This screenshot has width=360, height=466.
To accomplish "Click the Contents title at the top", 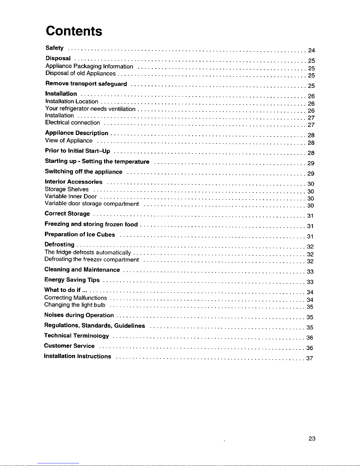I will point(74,31).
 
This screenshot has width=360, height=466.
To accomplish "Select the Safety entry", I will point(54,48).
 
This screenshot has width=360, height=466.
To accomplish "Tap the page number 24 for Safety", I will point(311,51).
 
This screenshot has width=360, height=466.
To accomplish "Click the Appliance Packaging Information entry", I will point(89,66).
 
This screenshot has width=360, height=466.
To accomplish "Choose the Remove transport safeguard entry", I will point(86,84).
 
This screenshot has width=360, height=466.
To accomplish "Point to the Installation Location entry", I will point(72,101).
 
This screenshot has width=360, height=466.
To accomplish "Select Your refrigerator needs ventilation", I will point(90,109).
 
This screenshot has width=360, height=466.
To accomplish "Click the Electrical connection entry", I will point(73,123).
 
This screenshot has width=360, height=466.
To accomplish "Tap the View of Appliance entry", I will point(69,141).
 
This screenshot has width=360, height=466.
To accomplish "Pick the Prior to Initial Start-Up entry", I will point(78,151).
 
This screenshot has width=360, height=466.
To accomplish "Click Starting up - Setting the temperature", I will point(97,161).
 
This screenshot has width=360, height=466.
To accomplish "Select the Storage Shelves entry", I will point(66,189).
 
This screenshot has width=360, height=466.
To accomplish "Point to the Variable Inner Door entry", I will point(71,196).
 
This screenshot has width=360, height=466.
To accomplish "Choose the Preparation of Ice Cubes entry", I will point(80,234).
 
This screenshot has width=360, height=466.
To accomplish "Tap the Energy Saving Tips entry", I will point(72,280).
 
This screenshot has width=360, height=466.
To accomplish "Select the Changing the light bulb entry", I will point(75,305).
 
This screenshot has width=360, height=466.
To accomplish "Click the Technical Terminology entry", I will point(76,335).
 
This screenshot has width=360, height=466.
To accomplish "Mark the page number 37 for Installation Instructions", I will point(309,358).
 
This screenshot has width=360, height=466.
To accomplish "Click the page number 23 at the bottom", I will point(312,439).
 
